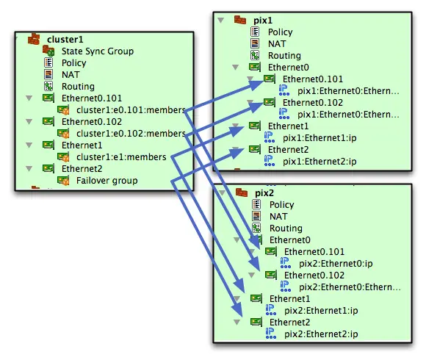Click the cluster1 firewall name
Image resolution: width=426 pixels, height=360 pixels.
65,40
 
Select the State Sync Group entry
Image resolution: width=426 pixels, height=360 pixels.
98,51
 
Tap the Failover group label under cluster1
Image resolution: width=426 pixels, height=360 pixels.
106,181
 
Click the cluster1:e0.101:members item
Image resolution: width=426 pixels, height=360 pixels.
131,110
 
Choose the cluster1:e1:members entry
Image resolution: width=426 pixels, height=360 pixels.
121,157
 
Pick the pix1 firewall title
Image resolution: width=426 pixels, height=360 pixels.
263,21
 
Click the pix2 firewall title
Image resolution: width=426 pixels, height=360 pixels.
264,193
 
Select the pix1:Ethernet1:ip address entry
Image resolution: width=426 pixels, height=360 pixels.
319,138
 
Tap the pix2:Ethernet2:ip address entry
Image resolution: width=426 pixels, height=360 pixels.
321,334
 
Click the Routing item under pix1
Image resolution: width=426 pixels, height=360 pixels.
284,56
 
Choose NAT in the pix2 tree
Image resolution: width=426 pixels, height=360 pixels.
278,217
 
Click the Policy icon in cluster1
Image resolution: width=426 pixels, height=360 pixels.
48,62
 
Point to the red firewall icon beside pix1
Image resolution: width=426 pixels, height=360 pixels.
240,20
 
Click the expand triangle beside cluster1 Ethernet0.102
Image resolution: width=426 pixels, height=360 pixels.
29,121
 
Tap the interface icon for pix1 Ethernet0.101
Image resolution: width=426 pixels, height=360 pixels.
270,79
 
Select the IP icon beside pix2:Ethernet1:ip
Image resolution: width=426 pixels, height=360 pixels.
270,310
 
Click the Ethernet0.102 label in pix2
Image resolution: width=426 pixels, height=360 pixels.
314,276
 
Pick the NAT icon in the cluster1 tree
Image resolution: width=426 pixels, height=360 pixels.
48,74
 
